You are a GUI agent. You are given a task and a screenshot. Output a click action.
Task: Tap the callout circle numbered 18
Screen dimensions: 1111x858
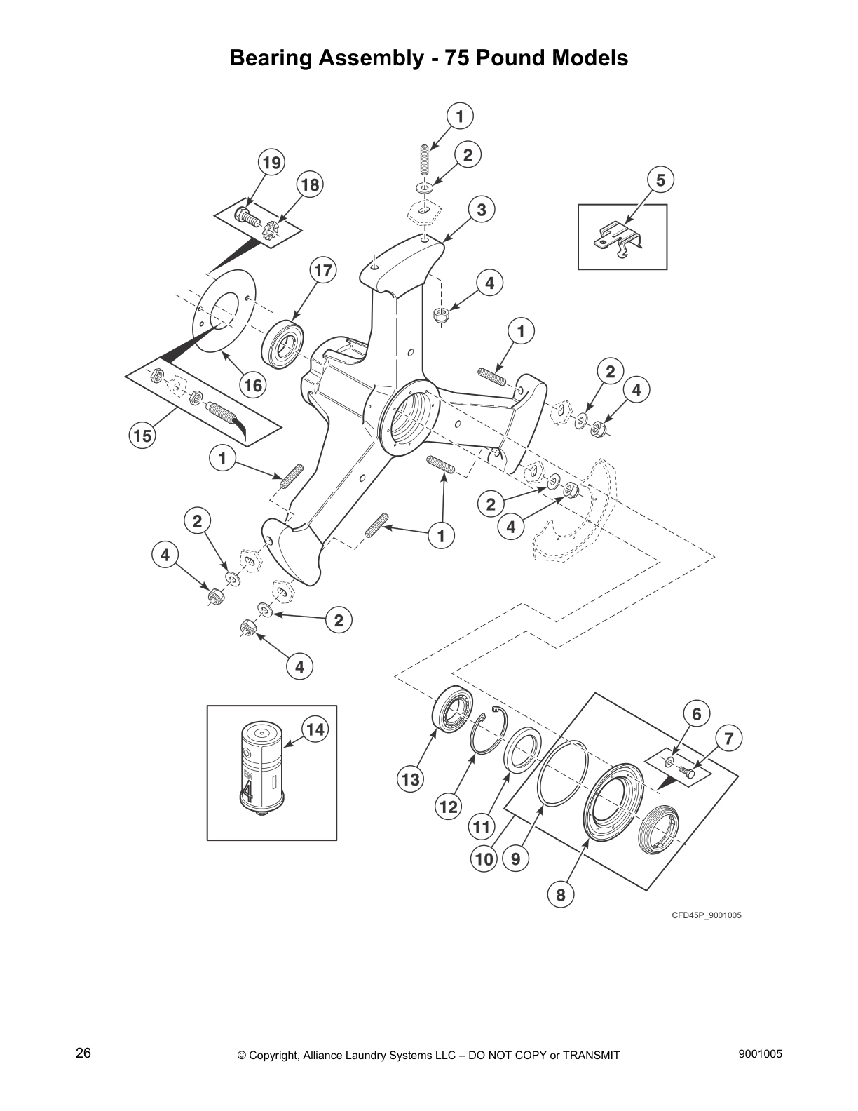click(310, 185)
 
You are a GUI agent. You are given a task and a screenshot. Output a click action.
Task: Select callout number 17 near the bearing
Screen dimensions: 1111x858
click(324, 269)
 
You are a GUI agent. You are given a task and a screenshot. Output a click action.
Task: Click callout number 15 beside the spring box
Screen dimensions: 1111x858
click(142, 436)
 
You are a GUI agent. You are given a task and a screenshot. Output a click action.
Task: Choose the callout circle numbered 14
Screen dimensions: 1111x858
click(315, 729)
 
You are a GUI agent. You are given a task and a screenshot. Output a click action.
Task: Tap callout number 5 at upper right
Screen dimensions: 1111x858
click(660, 179)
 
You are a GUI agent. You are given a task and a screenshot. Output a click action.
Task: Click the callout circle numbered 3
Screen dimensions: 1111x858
click(482, 209)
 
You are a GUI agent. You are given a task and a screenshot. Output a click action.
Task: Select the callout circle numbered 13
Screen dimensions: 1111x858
click(410, 779)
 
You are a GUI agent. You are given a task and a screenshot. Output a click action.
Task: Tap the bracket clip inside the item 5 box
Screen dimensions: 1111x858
click(620, 236)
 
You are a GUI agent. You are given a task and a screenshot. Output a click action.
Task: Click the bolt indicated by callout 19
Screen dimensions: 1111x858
click(246, 215)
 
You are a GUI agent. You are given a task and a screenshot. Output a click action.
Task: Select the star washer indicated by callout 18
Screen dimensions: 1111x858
click(269, 229)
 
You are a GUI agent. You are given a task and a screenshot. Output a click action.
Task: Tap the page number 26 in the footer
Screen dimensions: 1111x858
click(83, 1053)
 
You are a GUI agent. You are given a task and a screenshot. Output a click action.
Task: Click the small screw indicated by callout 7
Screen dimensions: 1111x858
click(687, 771)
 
